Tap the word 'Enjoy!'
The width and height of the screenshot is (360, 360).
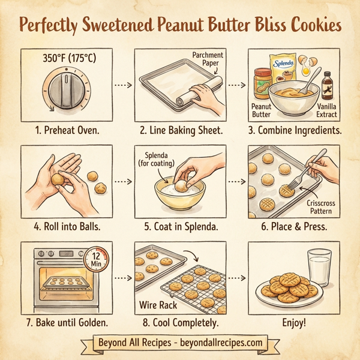tap(293, 323)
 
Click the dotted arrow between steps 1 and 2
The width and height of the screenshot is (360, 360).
tap(122, 85)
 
